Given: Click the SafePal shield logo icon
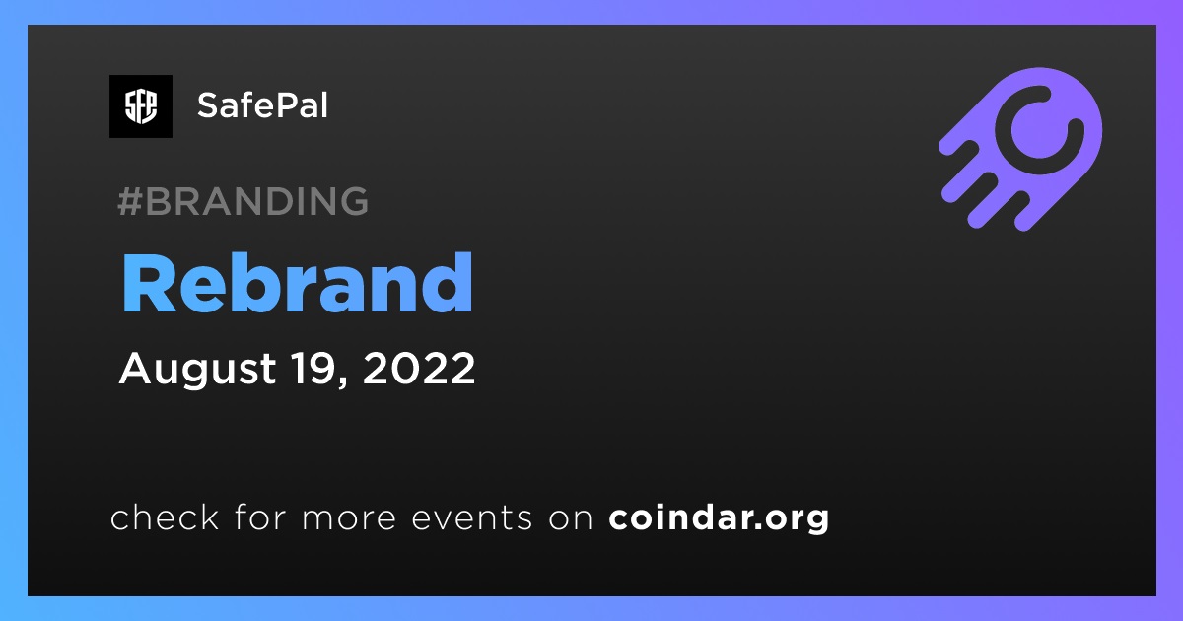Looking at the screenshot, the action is click(x=141, y=106).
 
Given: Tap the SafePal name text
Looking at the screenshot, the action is click(x=262, y=105).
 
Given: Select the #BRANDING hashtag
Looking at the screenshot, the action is click(x=243, y=201).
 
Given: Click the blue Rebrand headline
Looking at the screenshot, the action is click(x=297, y=284).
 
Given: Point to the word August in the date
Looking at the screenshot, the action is click(x=197, y=369).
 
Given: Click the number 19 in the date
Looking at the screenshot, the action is click(x=314, y=368).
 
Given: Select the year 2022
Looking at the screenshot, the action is click(x=419, y=368).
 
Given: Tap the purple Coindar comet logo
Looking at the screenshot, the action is click(x=1020, y=149).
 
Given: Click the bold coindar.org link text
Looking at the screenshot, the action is click(x=719, y=518).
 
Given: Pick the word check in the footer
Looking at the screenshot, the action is click(x=165, y=517).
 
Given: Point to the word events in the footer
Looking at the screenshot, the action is click(x=472, y=518).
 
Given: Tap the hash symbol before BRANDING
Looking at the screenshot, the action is click(x=130, y=201).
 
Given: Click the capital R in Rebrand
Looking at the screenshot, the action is click(x=149, y=284).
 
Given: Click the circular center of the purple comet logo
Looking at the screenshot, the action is click(x=1039, y=130).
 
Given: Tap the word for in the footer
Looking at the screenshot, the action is click(x=260, y=517).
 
